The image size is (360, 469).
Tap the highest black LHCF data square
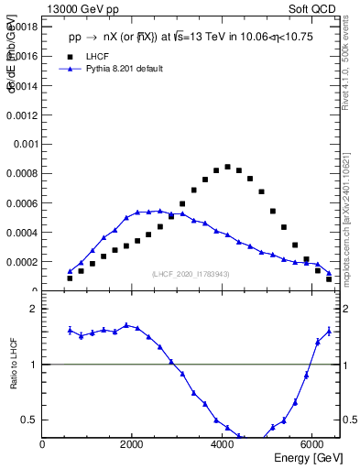pos(227,167)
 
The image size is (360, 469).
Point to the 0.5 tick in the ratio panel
pos(31,420)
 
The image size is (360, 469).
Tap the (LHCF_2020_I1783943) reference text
pos(191,274)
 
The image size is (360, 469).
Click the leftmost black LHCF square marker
pos(70,278)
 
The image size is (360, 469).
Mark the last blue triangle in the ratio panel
pos(329,332)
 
